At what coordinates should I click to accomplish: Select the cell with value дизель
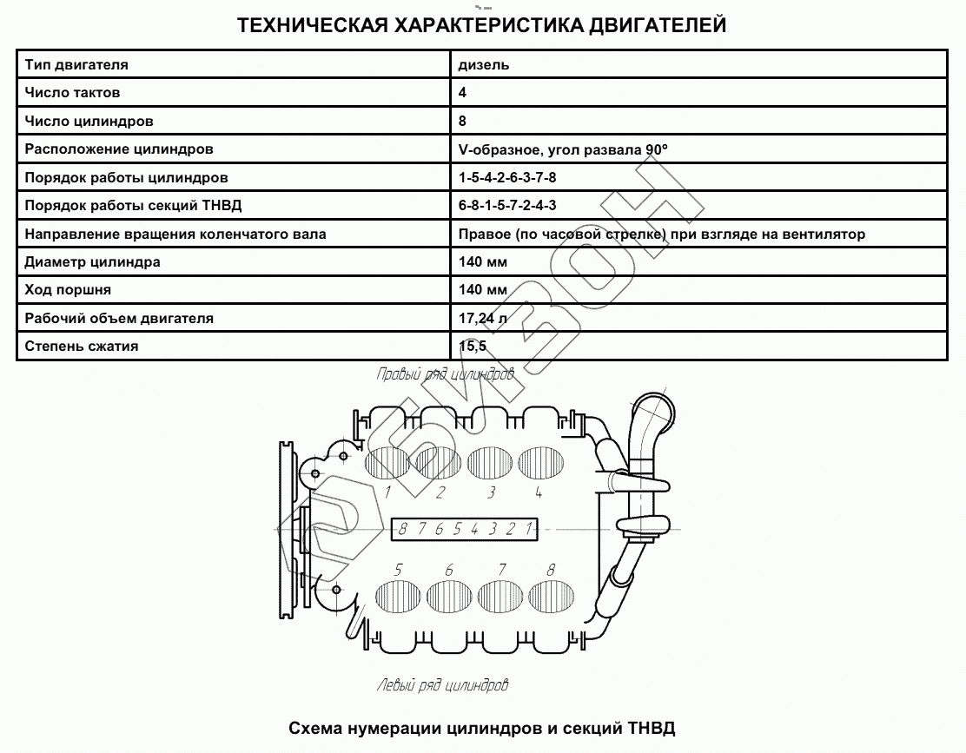[484, 64]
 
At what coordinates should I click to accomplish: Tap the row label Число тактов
[73, 93]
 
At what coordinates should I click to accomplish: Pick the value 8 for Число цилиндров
[463, 122]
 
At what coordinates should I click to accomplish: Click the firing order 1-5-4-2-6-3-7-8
[508, 178]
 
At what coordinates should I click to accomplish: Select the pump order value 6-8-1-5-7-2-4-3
[508, 206]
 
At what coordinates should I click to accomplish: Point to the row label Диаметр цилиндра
[93, 262]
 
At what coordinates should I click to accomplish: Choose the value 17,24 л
[483, 319]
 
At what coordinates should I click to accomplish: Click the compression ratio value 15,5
[473, 347]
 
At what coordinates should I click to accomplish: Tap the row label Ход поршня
[69, 290]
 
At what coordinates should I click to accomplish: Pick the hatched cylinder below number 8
[552, 597]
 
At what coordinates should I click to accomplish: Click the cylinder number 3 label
[492, 493]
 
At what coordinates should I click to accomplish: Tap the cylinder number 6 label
[448, 571]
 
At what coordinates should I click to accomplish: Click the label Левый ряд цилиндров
[442, 685]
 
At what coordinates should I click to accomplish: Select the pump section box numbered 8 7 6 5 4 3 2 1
[464, 528]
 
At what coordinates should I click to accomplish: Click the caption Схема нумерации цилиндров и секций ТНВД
[481, 728]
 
